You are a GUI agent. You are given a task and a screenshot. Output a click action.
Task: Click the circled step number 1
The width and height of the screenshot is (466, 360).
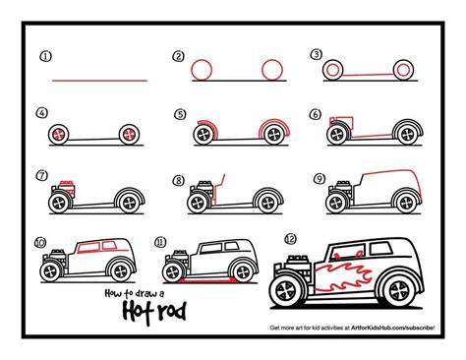tap(46, 56)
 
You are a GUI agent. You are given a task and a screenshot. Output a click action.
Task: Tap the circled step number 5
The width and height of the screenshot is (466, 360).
tap(180, 114)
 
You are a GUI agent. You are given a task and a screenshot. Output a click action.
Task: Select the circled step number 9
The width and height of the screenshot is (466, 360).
tap(320, 179)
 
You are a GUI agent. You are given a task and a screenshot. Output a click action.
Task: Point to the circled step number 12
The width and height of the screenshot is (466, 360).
tap(290, 239)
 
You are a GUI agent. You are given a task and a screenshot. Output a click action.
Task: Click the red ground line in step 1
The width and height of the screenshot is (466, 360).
tap(100, 81)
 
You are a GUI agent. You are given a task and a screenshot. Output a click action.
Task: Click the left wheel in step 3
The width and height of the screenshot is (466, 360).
tap(333, 70)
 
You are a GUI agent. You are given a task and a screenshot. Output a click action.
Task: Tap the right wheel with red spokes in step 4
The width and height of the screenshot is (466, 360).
tap(129, 135)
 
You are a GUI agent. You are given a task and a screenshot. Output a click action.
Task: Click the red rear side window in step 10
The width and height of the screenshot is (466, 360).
tap(109, 246)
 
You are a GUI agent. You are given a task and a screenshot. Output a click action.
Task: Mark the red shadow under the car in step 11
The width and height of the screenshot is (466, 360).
tap(207, 280)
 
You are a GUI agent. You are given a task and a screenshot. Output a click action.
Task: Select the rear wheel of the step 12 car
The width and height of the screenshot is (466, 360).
tap(401, 290)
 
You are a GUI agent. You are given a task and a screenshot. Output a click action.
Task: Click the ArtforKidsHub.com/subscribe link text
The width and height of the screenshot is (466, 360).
tap(393, 328)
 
